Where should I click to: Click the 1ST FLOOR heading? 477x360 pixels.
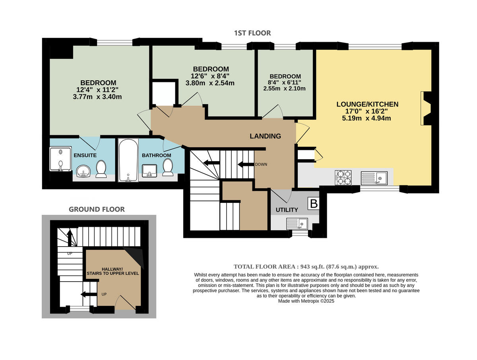(x=252, y=33)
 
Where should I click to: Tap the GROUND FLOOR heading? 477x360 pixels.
(x=97, y=209)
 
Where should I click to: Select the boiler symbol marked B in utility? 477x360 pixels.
(x=314, y=204)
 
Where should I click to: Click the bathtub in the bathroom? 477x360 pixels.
(x=128, y=160)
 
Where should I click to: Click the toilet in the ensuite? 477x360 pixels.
(x=101, y=169)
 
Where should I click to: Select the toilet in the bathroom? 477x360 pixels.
(x=168, y=167)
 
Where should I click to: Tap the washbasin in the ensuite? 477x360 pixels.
(x=83, y=171)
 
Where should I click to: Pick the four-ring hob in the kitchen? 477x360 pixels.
(x=344, y=177)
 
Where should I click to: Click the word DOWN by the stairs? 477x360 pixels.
(x=261, y=164)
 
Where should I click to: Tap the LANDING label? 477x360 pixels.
(x=265, y=136)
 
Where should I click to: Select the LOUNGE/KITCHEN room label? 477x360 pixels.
(x=367, y=104)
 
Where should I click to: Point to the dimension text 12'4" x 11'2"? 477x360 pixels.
(x=98, y=90)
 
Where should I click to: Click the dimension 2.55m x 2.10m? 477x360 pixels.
(x=284, y=88)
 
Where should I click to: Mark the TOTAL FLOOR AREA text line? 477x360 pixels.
(x=306, y=267)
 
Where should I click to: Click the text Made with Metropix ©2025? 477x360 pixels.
(x=306, y=301)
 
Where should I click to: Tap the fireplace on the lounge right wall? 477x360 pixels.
(x=426, y=108)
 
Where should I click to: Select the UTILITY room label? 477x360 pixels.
(x=287, y=210)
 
